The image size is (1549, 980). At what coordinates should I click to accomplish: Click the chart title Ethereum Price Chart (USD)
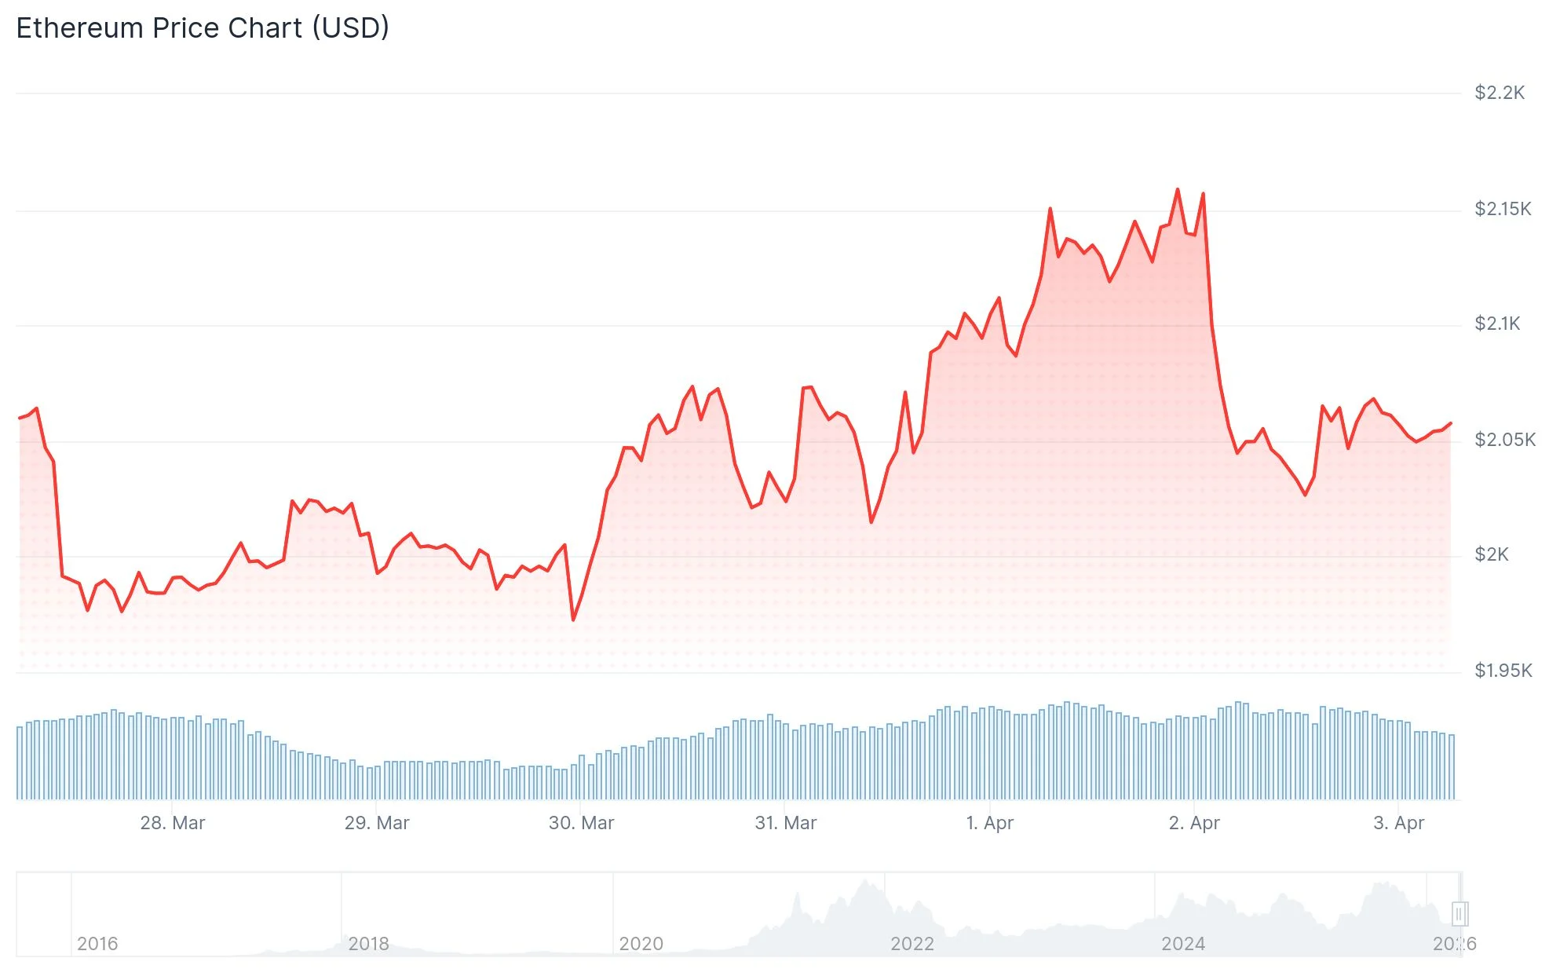click(x=203, y=28)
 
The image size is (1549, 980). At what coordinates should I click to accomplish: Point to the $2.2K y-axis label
click(x=1499, y=93)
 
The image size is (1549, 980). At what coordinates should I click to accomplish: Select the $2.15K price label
click(x=1503, y=209)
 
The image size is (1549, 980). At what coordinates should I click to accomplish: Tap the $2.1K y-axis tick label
click(x=1497, y=324)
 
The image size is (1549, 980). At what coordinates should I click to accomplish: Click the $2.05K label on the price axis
click(x=1504, y=440)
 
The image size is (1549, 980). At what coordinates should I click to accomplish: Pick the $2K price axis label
click(x=1491, y=554)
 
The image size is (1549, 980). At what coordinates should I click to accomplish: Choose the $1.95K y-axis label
click(x=1503, y=671)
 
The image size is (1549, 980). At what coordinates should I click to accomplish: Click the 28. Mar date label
click(x=172, y=823)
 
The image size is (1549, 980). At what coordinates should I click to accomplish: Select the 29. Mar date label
click(x=377, y=823)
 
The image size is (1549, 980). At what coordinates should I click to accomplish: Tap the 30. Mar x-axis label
click(x=581, y=823)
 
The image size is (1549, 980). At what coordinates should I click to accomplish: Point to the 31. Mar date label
click(x=785, y=823)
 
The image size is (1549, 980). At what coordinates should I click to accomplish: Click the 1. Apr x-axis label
click(x=989, y=823)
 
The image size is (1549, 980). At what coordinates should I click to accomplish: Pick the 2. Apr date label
click(x=1194, y=823)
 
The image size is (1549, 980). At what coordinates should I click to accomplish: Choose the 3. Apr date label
click(x=1398, y=823)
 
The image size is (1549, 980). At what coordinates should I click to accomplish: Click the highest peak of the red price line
click(x=1177, y=189)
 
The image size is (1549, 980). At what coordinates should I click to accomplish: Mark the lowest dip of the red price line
click(x=573, y=620)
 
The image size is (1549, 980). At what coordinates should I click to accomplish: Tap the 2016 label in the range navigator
click(x=97, y=944)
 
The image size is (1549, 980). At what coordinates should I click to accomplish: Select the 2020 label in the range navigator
click(x=641, y=944)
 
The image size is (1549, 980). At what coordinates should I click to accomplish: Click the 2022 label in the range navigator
click(x=911, y=944)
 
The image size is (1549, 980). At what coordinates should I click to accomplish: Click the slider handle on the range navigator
click(x=1459, y=914)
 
